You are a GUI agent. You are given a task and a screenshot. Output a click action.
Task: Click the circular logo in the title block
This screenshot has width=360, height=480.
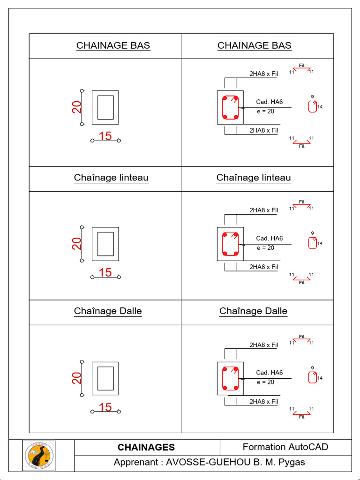(x=39, y=456)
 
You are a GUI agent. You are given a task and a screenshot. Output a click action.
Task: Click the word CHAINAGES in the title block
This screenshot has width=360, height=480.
(x=146, y=448)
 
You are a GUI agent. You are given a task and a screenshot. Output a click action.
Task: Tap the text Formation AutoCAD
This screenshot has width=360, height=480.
(x=285, y=447)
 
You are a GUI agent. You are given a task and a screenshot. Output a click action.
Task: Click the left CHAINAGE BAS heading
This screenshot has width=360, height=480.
(x=113, y=45)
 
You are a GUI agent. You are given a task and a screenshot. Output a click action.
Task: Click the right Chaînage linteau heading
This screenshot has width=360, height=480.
(x=254, y=178)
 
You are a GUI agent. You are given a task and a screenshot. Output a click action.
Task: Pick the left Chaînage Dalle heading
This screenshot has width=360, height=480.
(x=108, y=311)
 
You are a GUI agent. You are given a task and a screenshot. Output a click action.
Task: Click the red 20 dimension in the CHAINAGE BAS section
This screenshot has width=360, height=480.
(x=77, y=107)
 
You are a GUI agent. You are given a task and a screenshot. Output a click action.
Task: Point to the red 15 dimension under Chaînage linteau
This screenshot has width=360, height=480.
(x=105, y=272)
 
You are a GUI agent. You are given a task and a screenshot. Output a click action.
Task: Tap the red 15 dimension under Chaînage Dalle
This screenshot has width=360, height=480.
(x=105, y=407)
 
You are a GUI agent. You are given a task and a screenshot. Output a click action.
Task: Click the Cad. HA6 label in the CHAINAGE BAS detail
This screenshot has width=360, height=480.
(x=270, y=102)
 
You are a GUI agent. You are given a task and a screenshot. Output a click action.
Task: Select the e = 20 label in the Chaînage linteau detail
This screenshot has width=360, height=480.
(x=266, y=248)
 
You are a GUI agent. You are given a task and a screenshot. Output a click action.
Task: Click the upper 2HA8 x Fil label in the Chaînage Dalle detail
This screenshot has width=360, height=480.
(x=263, y=345)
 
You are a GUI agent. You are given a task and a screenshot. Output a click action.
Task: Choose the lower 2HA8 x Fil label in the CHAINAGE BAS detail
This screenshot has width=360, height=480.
(x=263, y=130)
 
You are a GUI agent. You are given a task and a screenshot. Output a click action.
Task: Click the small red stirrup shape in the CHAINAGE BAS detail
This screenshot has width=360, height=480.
(x=312, y=107)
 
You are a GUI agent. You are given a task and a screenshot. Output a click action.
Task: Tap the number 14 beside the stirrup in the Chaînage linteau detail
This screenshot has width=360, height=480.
(x=320, y=244)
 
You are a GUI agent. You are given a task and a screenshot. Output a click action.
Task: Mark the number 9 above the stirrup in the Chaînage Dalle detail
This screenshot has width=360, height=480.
(x=312, y=367)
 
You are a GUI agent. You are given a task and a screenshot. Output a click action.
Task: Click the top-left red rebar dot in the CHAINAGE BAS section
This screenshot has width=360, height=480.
(x=225, y=99)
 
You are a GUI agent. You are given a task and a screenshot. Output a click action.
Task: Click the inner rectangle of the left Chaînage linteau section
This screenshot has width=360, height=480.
(x=105, y=243)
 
